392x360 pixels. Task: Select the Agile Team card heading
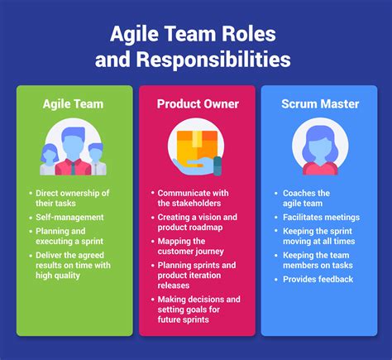point(74,103)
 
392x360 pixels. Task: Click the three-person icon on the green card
point(74,149)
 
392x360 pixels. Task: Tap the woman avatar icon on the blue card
point(318,149)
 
